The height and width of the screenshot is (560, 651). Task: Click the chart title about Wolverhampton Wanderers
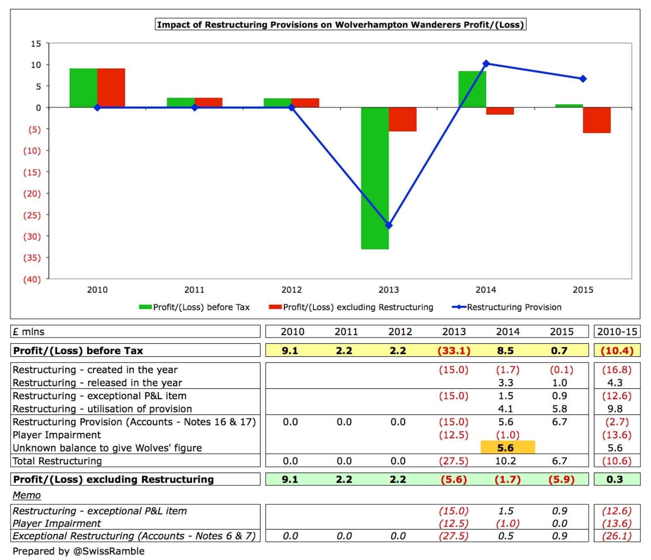tap(340, 24)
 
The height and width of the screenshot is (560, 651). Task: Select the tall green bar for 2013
tap(375, 178)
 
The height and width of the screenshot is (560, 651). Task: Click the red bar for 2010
tap(111, 88)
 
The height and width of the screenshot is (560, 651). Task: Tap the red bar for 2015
tap(596, 120)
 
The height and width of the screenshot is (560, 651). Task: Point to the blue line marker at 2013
tap(389, 225)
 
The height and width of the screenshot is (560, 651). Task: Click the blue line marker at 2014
tap(486, 63)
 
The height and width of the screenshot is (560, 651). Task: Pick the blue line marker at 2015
tap(583, 79)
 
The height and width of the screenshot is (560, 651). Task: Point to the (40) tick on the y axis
tap(32, 279)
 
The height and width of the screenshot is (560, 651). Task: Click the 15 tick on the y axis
tap(36, 43)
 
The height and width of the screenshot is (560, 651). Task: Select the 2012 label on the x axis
tap(291, 290)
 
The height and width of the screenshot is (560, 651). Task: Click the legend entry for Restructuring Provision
tap(507, 307)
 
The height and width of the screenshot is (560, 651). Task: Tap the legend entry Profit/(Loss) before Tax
tap(194, 307)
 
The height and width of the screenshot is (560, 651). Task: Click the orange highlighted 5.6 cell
tap(507, 447)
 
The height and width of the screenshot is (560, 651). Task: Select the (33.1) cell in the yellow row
tap(454, 350)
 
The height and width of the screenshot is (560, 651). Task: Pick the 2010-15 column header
tap(617, 332)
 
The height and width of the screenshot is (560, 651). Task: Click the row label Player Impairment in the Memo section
tap(57, 523)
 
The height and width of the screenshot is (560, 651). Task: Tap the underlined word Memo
tap(26, 495)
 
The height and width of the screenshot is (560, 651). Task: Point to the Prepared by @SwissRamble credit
tap(79, 551)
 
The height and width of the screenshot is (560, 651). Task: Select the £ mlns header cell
tap(28, 332)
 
